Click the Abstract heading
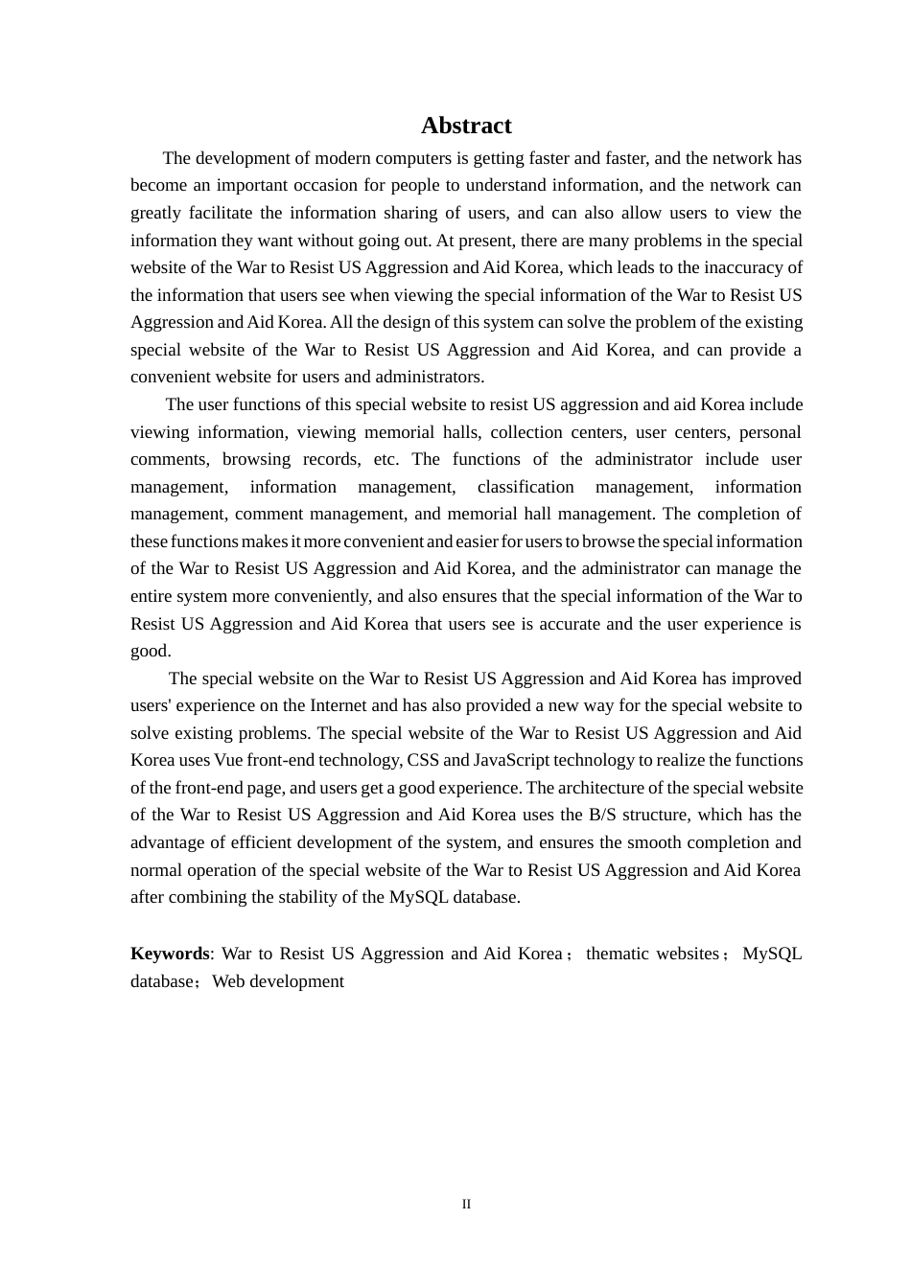(x=466, y=126)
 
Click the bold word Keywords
(x=170, y=954)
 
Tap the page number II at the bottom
(x=466, y=1205)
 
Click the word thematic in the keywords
(x=616, y=954)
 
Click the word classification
(x=526, y=487)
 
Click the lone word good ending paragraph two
(x=150, y=651)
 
